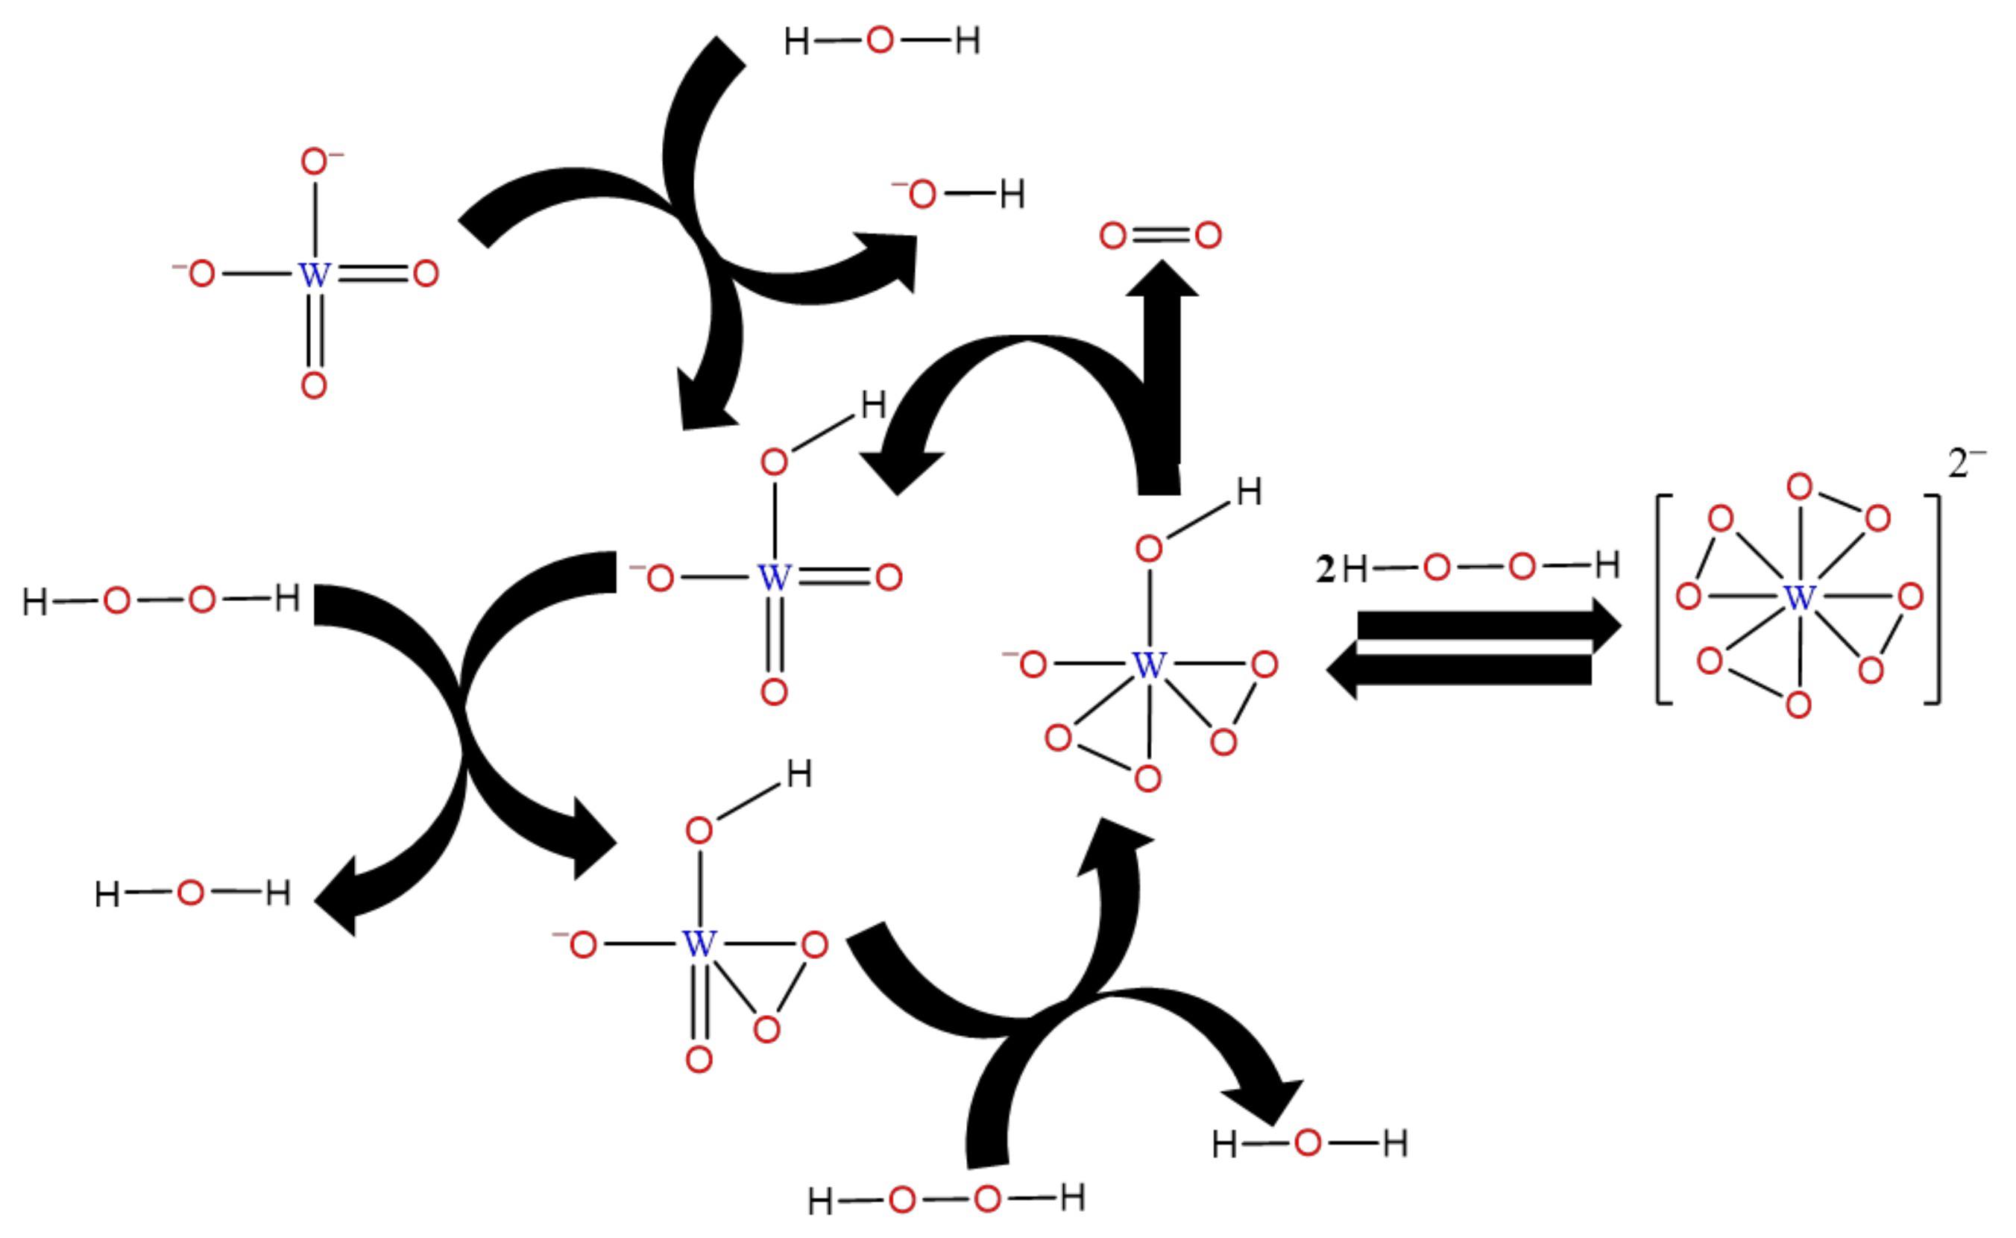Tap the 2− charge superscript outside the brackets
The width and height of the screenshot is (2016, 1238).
(1966, 464)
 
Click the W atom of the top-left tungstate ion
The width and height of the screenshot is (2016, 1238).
(315, 274)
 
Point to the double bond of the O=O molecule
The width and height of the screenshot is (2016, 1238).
(1160, 236)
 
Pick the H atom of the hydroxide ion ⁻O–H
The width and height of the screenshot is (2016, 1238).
(1012, 195)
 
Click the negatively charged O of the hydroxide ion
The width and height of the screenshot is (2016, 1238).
(922, 195)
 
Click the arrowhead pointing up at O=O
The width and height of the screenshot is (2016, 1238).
(1162, 280)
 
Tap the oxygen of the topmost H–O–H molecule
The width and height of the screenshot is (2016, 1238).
(880, 40)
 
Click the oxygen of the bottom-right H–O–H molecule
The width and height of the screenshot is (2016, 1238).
(1307, 1143)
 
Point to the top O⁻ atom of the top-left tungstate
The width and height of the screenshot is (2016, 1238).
(315, 161)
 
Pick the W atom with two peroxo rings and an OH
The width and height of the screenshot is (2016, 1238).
(1148, 664)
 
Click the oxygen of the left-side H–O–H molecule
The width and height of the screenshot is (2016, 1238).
(190, 893)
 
